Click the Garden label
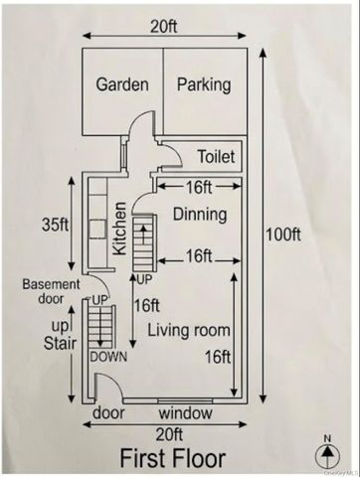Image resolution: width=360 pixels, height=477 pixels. coord(122,84)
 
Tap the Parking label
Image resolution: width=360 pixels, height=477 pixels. coord(204,85)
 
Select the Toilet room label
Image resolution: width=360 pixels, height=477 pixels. coord(217,156)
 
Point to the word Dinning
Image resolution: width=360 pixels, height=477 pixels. coord(200,215)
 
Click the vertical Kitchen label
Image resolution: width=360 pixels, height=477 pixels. coord(119,229)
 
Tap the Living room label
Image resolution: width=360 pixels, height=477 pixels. coord(189,331)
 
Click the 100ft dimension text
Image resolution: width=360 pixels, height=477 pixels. coord(283,235)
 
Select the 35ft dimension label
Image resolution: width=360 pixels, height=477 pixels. coord(56,225)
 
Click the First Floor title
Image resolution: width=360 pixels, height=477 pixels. coord(173,458)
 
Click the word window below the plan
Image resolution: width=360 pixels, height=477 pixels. coord(186,413)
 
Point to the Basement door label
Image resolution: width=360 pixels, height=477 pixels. coord(51,292)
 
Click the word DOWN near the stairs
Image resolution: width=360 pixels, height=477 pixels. coord(108,357)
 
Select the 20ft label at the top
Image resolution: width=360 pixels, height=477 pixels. coord(164,26)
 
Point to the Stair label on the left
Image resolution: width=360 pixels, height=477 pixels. coord(60,343)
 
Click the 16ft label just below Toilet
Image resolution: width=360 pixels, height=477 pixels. coord(199,188)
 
